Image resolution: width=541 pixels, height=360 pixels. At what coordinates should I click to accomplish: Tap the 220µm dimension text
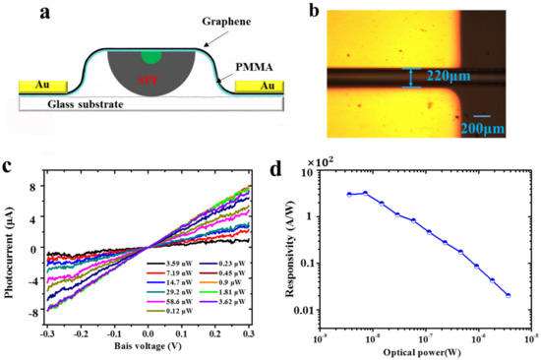coord(449,75)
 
